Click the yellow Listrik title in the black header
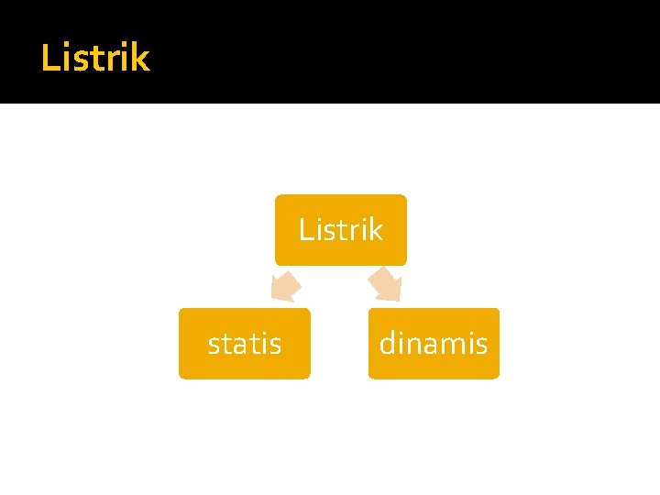(94, 59)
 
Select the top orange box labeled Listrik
(341, 229)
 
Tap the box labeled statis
(245, 344)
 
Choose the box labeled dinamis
(434, 344)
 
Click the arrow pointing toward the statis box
(285, 286)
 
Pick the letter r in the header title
(109, 60)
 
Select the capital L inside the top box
(305, 229)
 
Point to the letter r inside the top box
(352, 231)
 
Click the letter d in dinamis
(388, 344)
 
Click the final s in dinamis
(481, 346)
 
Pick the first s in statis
(214, 346)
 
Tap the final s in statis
(275, 346)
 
